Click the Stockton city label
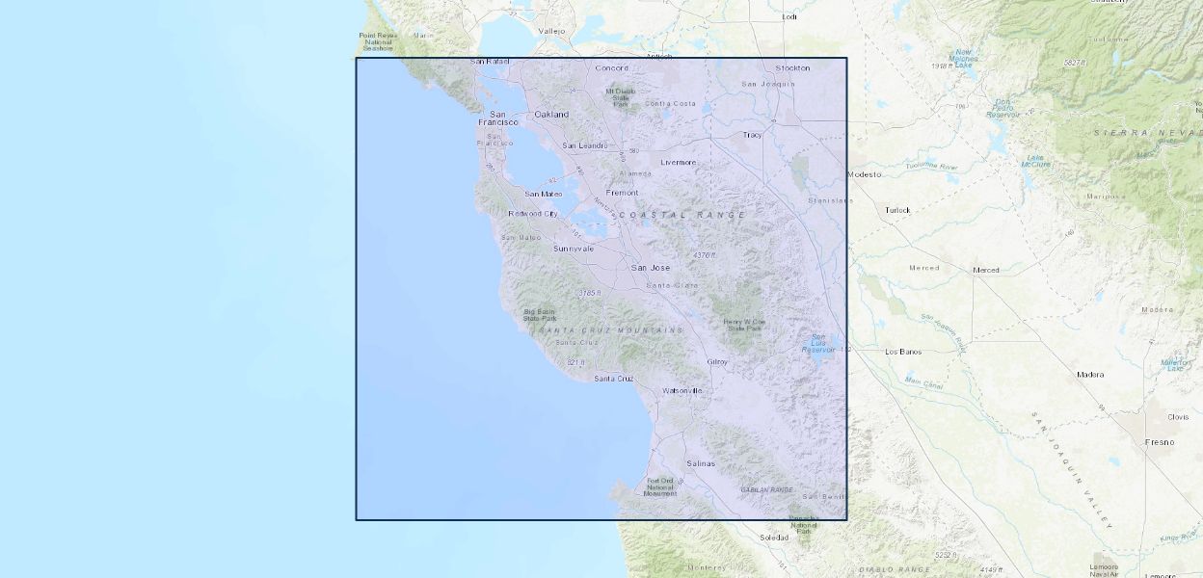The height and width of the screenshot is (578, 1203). click(x=792, y=68)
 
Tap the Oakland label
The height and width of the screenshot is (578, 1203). click(x=551, y=115)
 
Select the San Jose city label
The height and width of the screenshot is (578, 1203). click(x=650, y=267)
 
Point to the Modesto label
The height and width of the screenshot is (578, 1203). click(x=864, y=174)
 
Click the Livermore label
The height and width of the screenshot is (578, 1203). click(x=678, y=162)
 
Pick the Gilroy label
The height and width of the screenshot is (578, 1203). click(x=717, y=362)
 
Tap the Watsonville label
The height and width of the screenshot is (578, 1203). click(x=682, y=390)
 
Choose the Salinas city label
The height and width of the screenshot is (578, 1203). click(x=701, y=463)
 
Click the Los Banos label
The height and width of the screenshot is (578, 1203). click(x=903, y=352)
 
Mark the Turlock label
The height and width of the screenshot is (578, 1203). click(x=897, y=210)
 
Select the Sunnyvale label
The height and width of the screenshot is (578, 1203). click(x=573, y=249)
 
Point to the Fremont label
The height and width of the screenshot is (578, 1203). click(x=622, y=193)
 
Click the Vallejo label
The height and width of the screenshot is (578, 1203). click(x=551, y=31)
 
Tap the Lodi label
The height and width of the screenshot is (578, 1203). click(x=790, y=16)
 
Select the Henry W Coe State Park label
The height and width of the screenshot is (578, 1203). click(x=745, y=325)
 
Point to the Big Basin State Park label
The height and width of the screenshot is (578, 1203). click(x=540, y=314)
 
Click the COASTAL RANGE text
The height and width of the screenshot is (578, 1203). click(x=682, y=215)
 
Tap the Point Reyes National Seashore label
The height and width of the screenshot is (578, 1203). click(x=378, y=42)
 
